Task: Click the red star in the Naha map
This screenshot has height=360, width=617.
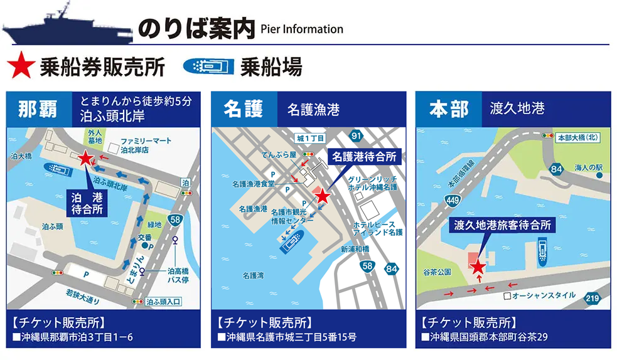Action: [85, 158]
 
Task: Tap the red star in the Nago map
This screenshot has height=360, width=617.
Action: [322, 196]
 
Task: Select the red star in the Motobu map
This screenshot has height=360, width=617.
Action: [478, 267]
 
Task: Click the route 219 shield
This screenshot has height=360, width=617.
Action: [592, 298]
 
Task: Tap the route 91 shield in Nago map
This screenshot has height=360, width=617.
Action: [357, 135]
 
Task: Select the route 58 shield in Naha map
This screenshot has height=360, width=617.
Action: [177, 220]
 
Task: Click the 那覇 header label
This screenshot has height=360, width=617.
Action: [38, 109]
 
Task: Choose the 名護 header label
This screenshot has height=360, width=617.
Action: [244, 109]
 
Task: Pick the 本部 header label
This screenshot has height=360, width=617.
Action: [449, 109]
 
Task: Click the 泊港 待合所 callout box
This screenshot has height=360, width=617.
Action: [87, 203]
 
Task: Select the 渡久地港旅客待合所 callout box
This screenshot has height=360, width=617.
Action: [502, 225]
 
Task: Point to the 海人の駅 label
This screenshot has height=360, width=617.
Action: [588, 167]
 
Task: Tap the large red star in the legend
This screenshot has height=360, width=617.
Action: [21, 66]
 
